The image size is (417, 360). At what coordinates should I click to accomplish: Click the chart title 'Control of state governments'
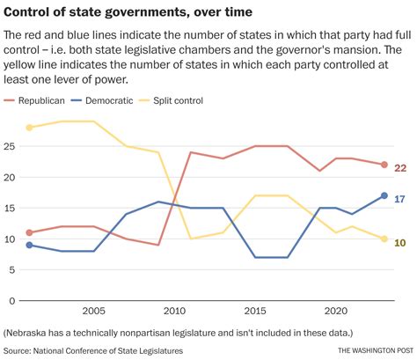[128, 11]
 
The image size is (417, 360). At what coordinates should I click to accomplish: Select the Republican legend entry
[40, 101]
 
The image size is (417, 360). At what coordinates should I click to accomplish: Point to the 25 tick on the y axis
[11, 146]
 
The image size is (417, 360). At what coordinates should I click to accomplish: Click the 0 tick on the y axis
[13, 300]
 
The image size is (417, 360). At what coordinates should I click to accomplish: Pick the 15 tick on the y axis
[11, 208]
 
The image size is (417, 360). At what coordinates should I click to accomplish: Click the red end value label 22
[399, 167]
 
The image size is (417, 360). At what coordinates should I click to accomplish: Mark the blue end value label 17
[399, 198]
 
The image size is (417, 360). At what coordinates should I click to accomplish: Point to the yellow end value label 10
[399, 241]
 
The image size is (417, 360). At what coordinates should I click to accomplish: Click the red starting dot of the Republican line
[29, 232]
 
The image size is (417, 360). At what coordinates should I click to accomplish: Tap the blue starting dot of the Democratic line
[29, 245]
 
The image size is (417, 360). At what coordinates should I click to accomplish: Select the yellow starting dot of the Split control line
[29, 128]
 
